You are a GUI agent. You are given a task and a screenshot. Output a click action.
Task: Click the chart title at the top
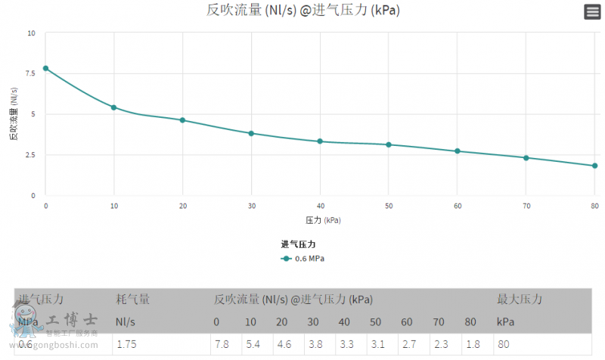pos(302,11)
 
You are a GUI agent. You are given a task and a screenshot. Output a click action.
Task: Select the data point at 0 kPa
pos(45,68)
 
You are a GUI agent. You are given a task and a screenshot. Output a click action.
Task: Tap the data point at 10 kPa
pos(114,107)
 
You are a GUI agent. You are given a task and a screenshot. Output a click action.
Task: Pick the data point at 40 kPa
pos(320,141)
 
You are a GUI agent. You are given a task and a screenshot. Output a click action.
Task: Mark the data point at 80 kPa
pos(595,166)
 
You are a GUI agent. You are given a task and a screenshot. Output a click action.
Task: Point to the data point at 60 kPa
pos(458,151)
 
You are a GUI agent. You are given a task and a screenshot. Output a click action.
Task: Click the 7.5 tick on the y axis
pos(30,73)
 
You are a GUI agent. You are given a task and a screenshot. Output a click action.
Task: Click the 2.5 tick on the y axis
pos(30,155)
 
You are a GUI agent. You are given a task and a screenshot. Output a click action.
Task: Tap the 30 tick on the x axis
pos(251,206)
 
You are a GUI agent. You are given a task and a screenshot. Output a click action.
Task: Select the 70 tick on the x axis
pos(526,206)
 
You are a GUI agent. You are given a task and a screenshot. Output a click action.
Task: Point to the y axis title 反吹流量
pos(14,114)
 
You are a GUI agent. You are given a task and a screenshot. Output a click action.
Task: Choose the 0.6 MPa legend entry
pos(302,259)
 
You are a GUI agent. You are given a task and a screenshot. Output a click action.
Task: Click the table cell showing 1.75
pos(126,345)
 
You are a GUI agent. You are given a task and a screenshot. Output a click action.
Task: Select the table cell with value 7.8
pos(221,345)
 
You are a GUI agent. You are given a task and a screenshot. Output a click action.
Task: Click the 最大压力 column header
pos(519,299)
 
